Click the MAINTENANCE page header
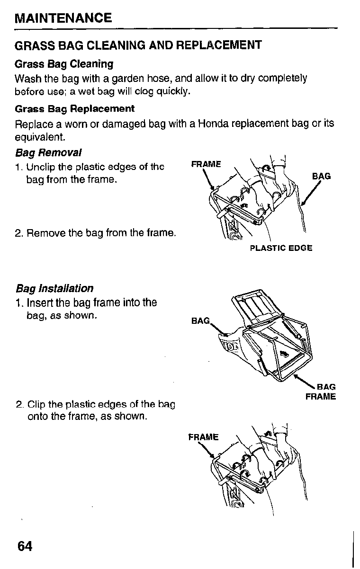click(63, 18)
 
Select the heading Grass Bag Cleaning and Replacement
click(138, 45)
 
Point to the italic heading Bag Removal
click(48, 153)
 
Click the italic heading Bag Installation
click(54, 288)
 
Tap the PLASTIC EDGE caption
click(281, 248)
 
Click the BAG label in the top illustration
click(321, 177)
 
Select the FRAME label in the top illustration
click(206, 164)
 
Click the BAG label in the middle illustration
click(200, 321)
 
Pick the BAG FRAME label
click(321, 392)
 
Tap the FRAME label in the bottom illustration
click(203, 436)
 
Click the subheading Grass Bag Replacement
click(75, 108)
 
